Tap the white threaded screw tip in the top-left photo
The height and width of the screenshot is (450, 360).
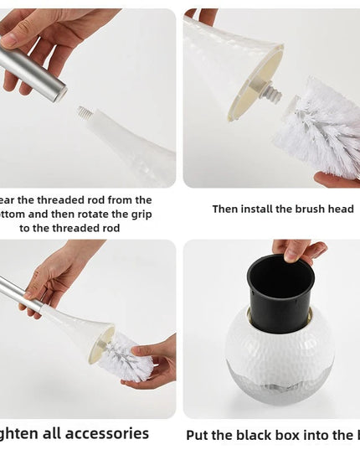85,112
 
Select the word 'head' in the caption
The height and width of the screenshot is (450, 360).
340,209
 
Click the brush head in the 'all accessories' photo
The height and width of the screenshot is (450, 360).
126,356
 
